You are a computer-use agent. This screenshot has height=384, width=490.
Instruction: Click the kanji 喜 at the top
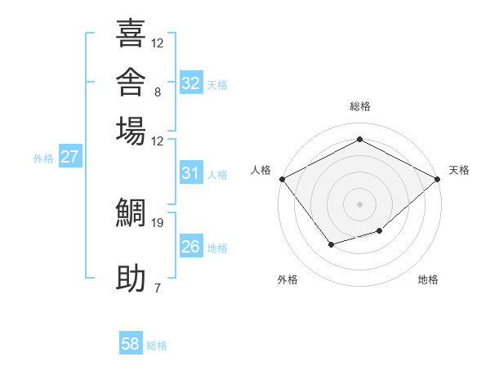131,33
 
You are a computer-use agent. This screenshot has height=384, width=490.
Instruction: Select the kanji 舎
131,82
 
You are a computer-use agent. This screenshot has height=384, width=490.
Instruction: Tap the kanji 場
131,131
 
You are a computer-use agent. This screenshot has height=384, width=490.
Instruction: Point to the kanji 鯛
131,212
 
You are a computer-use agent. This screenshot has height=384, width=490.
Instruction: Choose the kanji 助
131,278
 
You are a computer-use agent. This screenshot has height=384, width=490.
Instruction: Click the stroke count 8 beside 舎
158,92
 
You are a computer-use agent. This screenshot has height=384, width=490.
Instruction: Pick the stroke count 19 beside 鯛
157,223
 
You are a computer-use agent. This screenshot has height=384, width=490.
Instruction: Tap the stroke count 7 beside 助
158,288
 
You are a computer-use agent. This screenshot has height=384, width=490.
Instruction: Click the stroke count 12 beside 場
157,141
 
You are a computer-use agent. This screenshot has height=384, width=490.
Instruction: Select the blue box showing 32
191,83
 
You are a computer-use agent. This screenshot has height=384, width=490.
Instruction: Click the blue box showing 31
191,172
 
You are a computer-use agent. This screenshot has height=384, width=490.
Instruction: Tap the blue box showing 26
191,245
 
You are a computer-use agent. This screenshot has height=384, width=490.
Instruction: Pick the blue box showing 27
70,156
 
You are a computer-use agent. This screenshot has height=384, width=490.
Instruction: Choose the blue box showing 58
131,342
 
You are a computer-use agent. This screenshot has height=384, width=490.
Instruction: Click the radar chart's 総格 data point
359,139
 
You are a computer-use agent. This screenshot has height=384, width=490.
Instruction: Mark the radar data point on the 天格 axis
437,179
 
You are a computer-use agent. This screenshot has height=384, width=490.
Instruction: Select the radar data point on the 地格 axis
380,230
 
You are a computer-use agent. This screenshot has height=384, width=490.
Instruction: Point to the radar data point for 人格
283,179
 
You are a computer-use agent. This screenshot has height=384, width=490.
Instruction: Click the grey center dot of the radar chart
359,204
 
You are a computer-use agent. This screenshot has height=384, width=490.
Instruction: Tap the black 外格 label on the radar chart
287,279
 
